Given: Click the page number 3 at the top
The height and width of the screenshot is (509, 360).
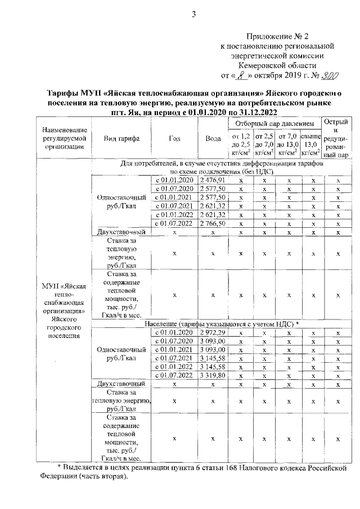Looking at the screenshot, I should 193,15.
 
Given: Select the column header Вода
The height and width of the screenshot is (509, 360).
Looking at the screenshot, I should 213,138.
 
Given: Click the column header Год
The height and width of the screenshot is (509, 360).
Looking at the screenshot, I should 174,138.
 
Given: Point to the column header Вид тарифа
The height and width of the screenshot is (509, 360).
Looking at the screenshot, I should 121,138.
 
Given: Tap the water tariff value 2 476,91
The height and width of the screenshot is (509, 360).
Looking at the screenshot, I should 213,179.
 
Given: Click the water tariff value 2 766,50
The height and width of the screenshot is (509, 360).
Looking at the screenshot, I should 213,223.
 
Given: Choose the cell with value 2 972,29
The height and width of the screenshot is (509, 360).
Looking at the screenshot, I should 213,334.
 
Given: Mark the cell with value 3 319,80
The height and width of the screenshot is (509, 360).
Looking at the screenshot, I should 213,375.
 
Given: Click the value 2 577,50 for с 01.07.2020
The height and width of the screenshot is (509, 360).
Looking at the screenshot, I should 213,188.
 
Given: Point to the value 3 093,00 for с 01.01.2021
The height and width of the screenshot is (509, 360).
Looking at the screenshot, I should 213,350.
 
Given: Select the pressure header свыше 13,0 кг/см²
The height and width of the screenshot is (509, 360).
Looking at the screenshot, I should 311,145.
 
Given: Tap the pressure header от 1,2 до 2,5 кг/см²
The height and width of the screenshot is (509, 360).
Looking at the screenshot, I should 240,145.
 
